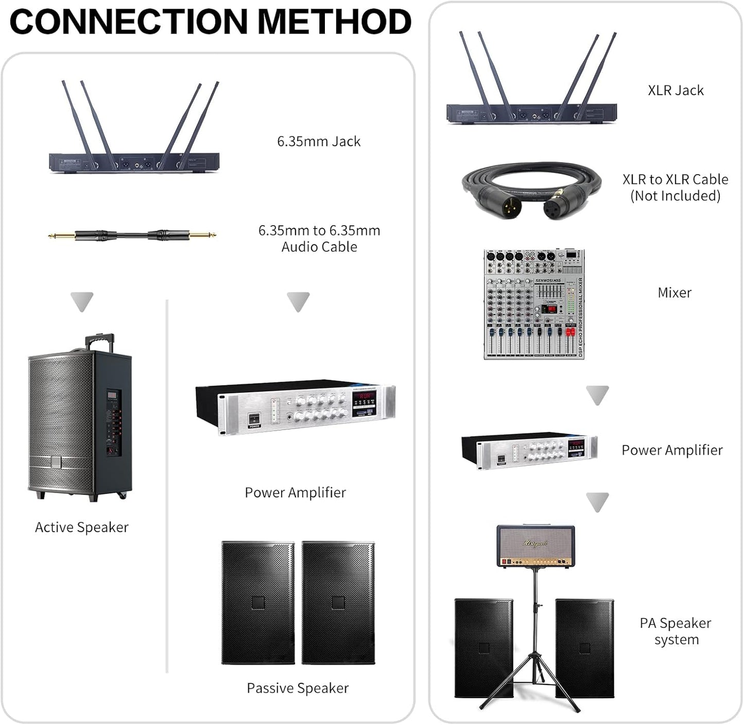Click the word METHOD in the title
pyautogui.click(x=334, y=22)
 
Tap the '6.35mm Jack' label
pyautogui.click(x=319, y=141)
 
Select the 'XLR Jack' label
pyautogui.click(x=676, y=91)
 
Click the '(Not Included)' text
pyautogui.click(x=675, y=196)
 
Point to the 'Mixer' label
pyautogui.click(x=674, y=292)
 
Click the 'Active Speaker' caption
pyautogui.click(x=81, y=527)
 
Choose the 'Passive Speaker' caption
pyautogui.click(x=298, y=688)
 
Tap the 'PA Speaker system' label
pyautogui.click(x=676, y=631)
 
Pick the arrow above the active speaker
pyautogui.click(x=82, y=301)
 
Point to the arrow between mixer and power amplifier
pyautogui.click(x=597, y=395)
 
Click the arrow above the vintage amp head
pyautogui.click(x=597, y=502)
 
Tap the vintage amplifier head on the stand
pyautogui.click(x=535, y=546)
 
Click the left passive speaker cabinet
pyautogui.click(x=258, y=602)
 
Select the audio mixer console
pyautogui.click(x=534, y=304)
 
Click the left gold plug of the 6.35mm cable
pyautogui.click(x=61, y=236)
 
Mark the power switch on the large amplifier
pyautogui.click(x=254, y=419)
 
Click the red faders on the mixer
pyautogui.click(x=570, y=333)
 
